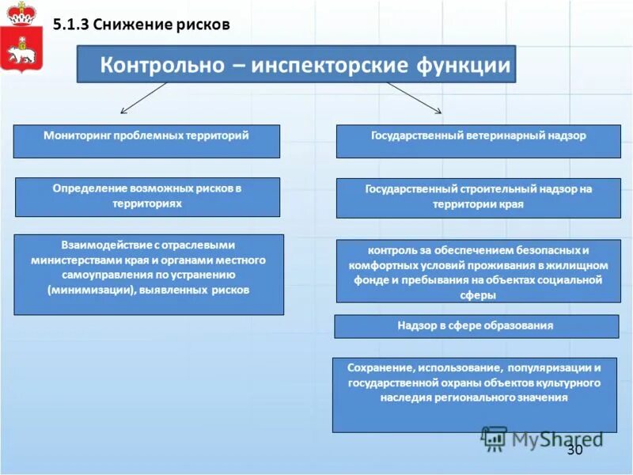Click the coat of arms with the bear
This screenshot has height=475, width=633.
[x=21, y=40]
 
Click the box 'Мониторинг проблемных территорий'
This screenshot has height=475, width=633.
[x=146, y=141]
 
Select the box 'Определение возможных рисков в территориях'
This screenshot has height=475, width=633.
[x=147, y=196]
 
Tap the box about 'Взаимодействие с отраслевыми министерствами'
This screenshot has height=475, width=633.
[x=148, y=274]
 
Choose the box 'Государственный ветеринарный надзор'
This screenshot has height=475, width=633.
[x=478, y=141]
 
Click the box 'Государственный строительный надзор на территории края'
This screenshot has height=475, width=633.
[x=478, y=197]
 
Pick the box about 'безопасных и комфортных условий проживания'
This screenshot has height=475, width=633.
[x=478, y=271]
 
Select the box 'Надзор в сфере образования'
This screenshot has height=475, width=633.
[x=476, y=326]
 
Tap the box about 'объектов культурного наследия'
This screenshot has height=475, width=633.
[x=474, y=393]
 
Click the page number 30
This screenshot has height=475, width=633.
[x=574, y=450]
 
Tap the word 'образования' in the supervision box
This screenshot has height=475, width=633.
[x=521, y=325]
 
